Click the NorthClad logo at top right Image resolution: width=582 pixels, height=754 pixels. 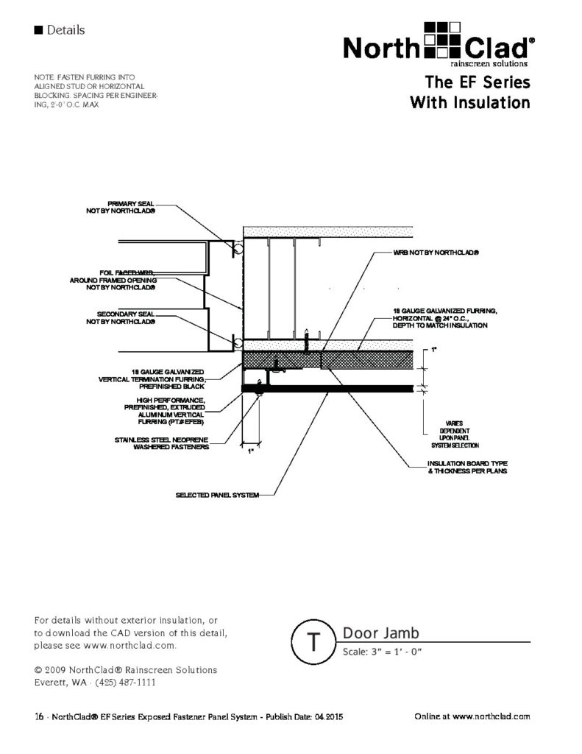point(437,46)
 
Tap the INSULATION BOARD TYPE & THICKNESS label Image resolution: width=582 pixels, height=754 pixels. point(466,467)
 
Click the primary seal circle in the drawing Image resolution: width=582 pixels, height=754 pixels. point(237,250)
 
